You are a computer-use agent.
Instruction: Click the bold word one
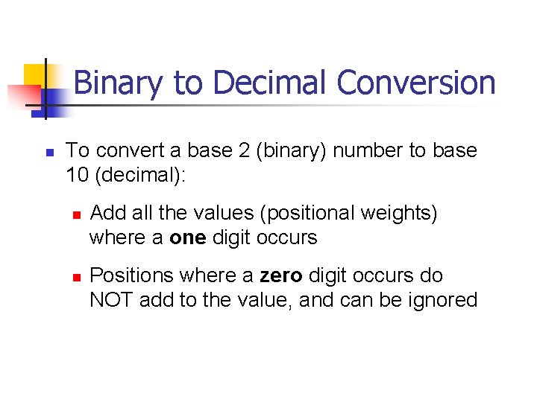coord(186,237)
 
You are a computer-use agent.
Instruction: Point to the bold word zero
coord(280,275)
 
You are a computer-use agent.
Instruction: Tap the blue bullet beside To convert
coord(49,152)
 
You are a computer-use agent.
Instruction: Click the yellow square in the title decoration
coord(34,75)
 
